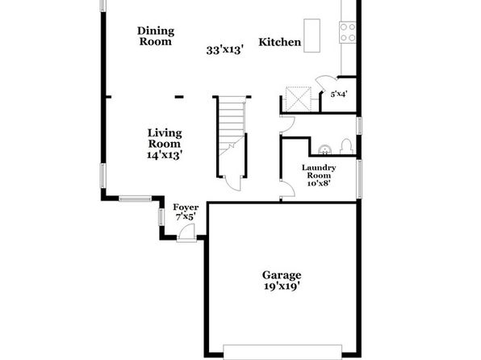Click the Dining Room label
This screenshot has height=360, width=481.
(156, 36)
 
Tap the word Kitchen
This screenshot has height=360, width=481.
(280, 42)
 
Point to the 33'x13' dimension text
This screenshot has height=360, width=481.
(225, 50)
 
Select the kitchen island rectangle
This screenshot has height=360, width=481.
(312, 36)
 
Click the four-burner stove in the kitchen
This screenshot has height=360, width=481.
(348, 32)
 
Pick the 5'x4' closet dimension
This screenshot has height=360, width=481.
(339, 94)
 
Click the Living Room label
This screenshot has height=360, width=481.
(165, 138)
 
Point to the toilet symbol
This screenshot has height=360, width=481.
(346, 146)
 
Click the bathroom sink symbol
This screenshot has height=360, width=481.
(324, 149)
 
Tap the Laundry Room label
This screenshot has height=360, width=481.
(319, 172)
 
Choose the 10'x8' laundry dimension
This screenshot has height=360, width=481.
(319, 183)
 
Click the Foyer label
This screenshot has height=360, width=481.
(186, 207)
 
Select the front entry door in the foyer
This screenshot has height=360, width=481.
(186, 233)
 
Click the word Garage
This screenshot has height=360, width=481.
(282, 275)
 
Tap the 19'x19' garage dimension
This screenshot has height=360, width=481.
(282, 286)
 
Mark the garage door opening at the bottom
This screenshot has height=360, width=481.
(282, 352)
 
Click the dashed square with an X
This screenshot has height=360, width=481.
(298, 98)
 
